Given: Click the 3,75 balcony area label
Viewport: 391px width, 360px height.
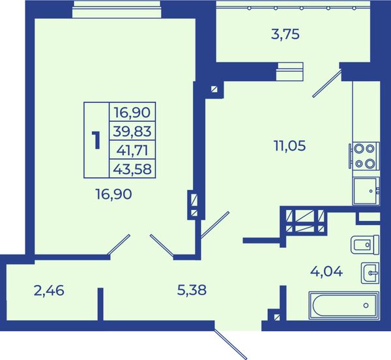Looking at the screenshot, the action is click(x=285, y=34).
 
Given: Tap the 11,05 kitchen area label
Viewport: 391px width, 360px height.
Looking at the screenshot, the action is click(x=289, y=145).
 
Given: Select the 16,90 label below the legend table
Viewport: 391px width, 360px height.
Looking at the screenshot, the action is click(x=113, y=194).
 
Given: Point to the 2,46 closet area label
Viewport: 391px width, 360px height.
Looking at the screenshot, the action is click(x=49, y=291).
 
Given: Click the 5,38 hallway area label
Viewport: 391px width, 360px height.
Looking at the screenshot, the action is click(x=192, y=290).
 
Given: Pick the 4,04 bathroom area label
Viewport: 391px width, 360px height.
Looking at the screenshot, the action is click(x=326, y=271).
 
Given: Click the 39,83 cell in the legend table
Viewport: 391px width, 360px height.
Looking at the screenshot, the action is click(x=132, y=131).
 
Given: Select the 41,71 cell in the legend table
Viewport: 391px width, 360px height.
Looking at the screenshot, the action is click(x=132, y=150).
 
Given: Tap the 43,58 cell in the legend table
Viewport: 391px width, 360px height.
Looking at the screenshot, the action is click(x=132, y=169).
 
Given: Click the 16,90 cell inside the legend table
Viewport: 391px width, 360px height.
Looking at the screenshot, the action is click(x=132, y=112).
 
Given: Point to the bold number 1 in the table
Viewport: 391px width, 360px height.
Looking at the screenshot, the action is click(x=96, y=140).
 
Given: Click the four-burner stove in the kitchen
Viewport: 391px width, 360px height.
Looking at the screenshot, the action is click(x=364, y=157).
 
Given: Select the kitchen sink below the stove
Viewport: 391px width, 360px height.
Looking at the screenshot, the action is click(x=366, y=191).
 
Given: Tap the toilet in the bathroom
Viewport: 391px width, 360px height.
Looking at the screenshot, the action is click(x=365, y=245).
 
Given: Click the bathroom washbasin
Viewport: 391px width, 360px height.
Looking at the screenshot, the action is click(x=370, y=273).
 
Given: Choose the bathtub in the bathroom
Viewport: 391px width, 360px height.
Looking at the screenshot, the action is click(x=344, y=305).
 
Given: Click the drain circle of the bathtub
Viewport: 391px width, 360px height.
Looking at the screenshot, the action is click(x=366, y=305).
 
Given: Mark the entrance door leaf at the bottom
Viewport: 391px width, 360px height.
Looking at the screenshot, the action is click(x=231, y=344).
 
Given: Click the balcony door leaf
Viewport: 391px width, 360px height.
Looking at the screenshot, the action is click(x=327, y=83).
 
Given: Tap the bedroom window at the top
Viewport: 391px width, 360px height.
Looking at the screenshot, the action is click(x=117, y=9).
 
